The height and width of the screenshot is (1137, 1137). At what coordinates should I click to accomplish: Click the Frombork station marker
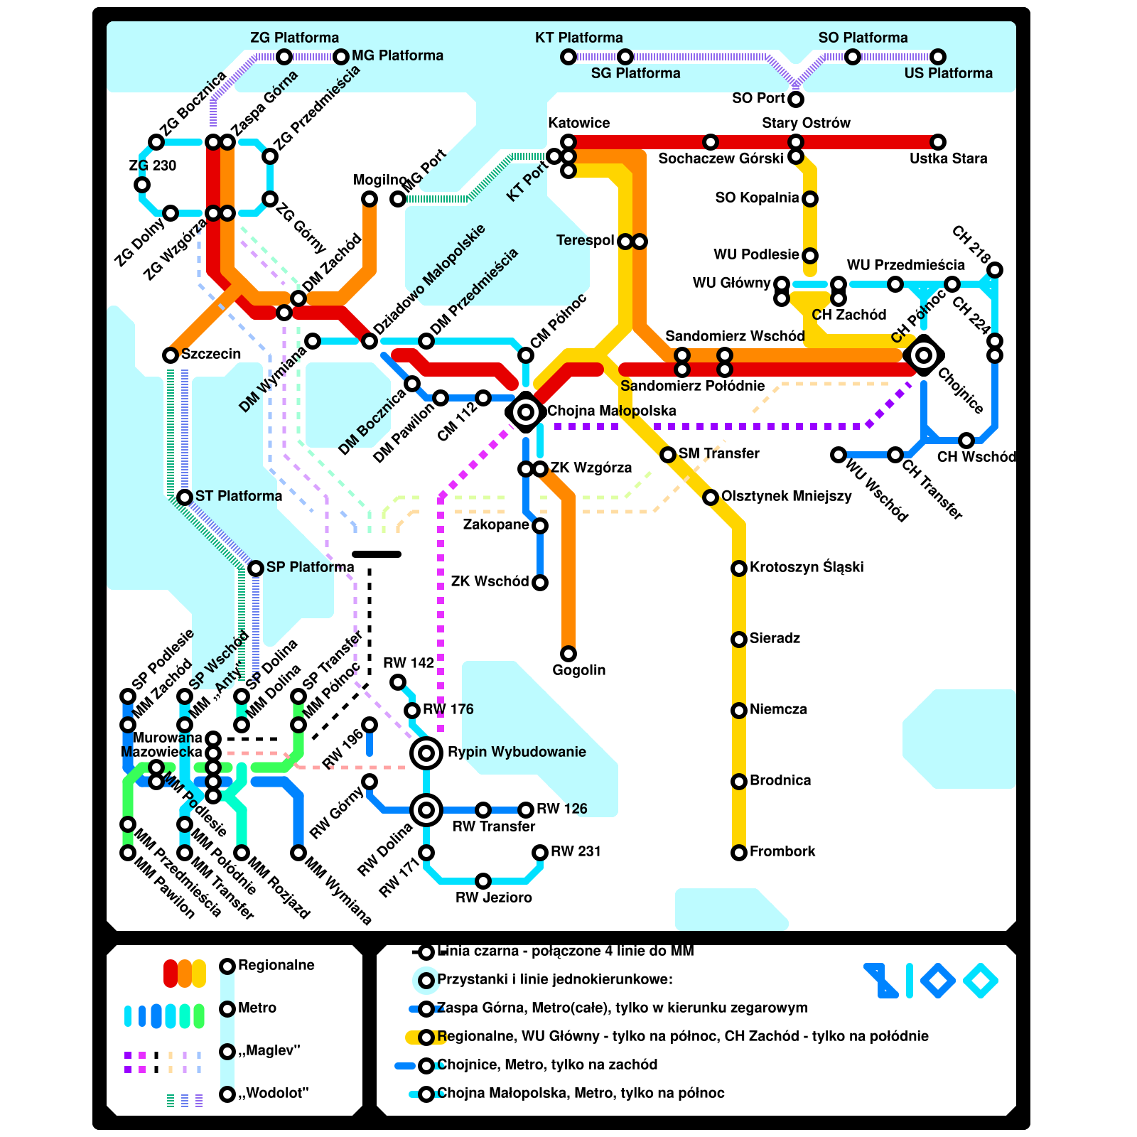click(x=739, y=852)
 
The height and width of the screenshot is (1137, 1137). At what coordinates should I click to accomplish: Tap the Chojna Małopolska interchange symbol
click(x=526, y=411)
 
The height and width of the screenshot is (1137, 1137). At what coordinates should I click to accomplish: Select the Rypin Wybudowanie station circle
click(x=426, y=753)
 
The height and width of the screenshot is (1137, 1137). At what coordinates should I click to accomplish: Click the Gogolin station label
click(x=579, y=670)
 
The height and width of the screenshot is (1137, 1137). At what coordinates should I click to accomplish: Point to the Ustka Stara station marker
click(x=938, y=142)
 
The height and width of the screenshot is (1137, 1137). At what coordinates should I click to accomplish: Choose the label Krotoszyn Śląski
click(x=807, y=567)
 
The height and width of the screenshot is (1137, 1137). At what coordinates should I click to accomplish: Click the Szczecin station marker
click(x=171, y=355)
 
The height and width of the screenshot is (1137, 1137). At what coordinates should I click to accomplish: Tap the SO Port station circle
click(x=796, y=99)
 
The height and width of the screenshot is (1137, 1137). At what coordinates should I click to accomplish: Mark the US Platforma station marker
click(x=938, y=57)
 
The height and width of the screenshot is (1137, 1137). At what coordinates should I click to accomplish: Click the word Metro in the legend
click(x=257, y=1008)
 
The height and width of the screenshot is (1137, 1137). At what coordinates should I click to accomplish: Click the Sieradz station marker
click(x=739, y=639)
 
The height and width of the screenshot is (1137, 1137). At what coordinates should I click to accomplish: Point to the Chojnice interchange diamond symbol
click(x=924, y=355)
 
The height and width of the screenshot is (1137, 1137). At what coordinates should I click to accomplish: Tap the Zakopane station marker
click(x=540, y=526)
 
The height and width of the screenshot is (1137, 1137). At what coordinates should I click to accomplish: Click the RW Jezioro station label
click(x=494, y=898)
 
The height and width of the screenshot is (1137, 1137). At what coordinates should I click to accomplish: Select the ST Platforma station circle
click(x=185, y=497)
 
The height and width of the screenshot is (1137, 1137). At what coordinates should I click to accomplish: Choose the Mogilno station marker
click(x=370, y=199)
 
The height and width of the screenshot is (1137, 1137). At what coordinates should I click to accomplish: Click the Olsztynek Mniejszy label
click(x=786, y=496)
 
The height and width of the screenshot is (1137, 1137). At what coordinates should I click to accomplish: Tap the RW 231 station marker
click(x=540, y=852)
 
